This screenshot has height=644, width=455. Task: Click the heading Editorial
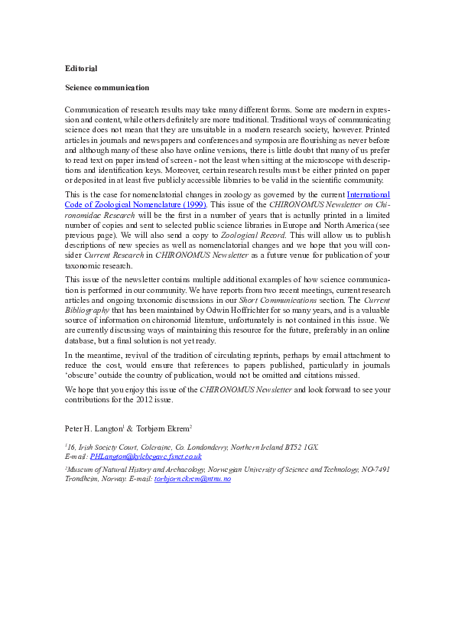pyautogui.click(x=81, y=69)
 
